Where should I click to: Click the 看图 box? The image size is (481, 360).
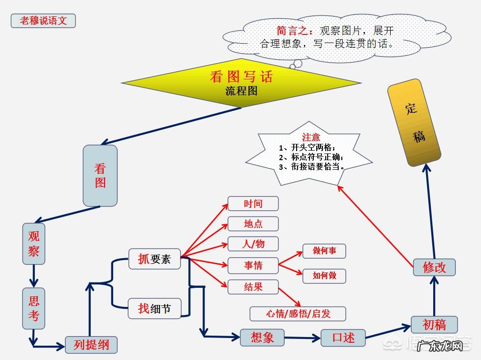point(100,175)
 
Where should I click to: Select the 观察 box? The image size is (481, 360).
point(34,244)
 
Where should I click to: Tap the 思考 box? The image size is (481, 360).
point(34,308)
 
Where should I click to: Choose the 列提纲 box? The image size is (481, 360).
point(91,345)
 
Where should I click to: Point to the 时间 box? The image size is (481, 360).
point(253,204)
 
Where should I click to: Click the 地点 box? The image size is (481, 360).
point(253,224)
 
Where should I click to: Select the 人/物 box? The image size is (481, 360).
point(253,244)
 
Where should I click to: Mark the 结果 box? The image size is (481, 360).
point(253,287)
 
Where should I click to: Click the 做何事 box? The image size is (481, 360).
point(324,251)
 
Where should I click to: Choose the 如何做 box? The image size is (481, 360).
point(324,276)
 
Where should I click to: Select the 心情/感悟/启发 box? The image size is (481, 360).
point(298,314)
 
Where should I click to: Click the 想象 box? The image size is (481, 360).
point(262,338)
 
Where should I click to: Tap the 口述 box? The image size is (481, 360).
point(343,338)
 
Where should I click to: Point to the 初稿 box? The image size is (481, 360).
point(434,325)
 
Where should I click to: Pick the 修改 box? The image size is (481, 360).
point(434,267)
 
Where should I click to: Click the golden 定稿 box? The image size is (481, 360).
point(414,122)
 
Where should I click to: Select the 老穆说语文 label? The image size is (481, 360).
point(43,21)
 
